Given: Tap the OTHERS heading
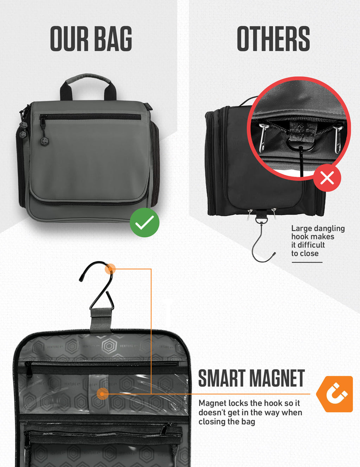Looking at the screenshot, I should coord(273,39).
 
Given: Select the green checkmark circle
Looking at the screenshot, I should coord(144,222).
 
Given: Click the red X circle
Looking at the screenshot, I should coord(327,178).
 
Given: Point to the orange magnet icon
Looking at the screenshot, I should coord(335,394).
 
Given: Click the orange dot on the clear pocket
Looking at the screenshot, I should coord(102,394).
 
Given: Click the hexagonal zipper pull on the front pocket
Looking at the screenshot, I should coord(44,141).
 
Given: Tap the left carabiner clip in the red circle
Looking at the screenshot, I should coord(263,137).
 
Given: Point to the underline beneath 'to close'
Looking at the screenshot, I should coord(307,262).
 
